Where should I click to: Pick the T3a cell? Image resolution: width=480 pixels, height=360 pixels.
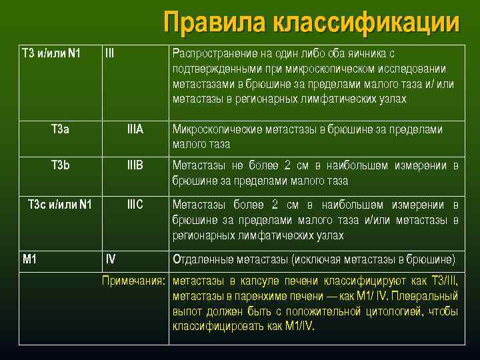tap(60, 129)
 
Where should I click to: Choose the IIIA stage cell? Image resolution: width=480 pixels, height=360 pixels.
tap(135, 129)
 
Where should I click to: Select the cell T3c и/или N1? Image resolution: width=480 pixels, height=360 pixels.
tap(60, 203)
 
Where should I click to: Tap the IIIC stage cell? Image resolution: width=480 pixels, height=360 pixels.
tap(135, 203)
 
